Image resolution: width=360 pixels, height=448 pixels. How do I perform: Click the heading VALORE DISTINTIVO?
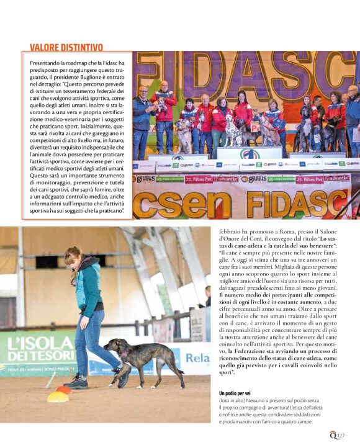[66, 47]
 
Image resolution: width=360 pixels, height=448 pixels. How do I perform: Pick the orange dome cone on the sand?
[65, 389]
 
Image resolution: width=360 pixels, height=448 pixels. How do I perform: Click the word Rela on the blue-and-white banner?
[197, 358]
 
